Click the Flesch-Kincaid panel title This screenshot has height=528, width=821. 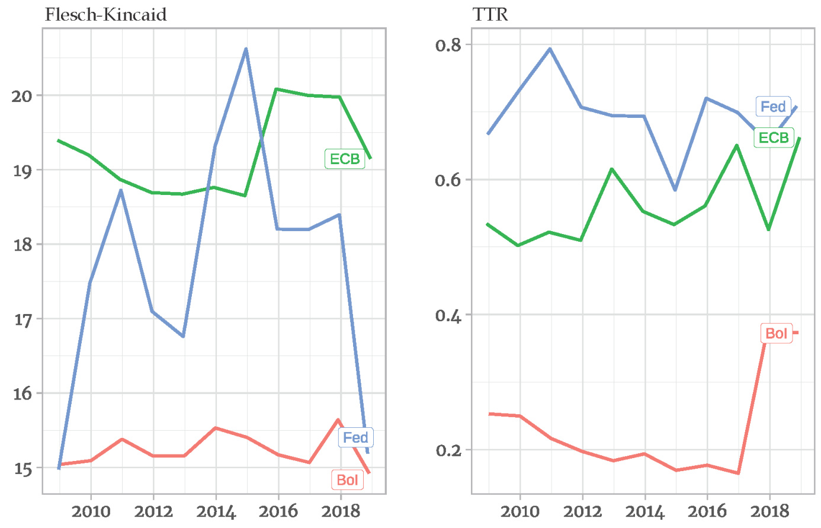pyautogui.click(x=105, y=14)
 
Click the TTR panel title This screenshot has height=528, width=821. pyautogui.click(x=490, y=14)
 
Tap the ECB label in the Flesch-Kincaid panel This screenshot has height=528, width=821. pyautogui.click(x=345, y=159)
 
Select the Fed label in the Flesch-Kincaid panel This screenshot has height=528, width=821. pyautogui.click(x=355, y=437)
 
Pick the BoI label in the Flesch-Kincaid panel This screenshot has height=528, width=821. pyautogui.click(x=347, y=479)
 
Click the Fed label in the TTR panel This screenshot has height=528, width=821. pyautogui.click(x=773, y=107)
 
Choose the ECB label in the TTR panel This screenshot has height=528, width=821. pyautogui.click(x=774, y=137)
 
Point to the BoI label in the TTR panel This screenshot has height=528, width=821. pyautogui.click(x=776, y=333)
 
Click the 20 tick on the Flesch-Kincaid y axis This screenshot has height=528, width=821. pyautogui.click(x=22, y=96)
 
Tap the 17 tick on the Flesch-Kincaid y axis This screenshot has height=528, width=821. pyautogui.click(x=22, y=320)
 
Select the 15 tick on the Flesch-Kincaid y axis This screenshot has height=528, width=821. pyautogui.click(x=22, y=469)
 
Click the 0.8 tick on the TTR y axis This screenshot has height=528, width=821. pyautogui.click(x=448, y=45)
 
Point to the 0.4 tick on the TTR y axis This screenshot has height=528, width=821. pyautogui.click(x=448, y=315)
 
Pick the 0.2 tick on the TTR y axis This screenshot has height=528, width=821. pyautogui.click(x=448, y=450)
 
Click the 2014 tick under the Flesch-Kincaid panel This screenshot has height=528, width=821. pyautogui.click(x=216, y=511)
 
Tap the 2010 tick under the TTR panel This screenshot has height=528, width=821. pyautogui.click(x=519, y=511)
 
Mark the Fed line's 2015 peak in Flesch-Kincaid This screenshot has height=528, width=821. pyautogui.click(x=246, y=49)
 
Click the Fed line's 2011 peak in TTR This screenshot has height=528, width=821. pyautogui.click(x=550, y=49)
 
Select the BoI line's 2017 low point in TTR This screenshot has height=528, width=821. pyautogui.click(x=737, y=473)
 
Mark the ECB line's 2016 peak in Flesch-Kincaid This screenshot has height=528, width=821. pyautogui.click(x=277, y=89)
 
